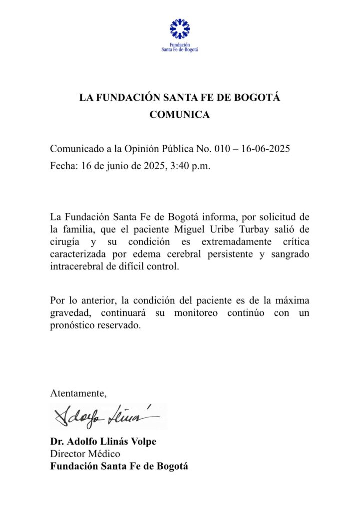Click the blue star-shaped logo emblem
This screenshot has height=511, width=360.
pyautogui.click(x=180, y=29)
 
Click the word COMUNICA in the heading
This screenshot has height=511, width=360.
pyautogui.click(x=180, y=115)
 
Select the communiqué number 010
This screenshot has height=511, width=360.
pyautogui.click(x=222, y=149)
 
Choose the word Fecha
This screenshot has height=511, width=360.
pyautogui.click(x=62, y=166)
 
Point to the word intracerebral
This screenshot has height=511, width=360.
pyautogui.click(x=75, y=267)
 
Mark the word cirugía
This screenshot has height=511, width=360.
pyautogui.click(x=65, y=242)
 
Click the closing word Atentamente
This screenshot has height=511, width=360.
pyautogui.click(x=78, y=393)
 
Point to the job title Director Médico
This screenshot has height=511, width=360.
pyautogui.click(x=85, y=454)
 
